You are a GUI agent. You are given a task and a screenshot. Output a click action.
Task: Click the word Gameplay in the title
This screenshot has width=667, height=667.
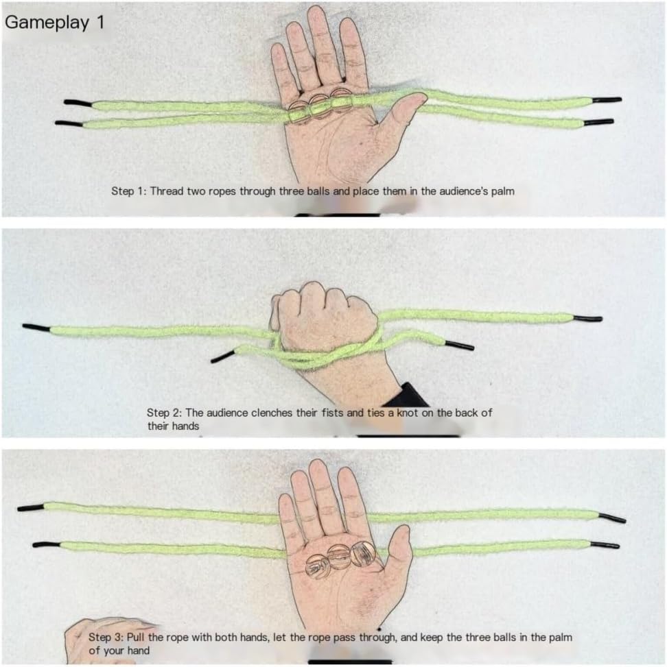click(x=47, y=23)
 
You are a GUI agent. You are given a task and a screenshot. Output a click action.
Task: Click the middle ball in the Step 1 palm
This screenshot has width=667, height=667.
click(x=320, y=107)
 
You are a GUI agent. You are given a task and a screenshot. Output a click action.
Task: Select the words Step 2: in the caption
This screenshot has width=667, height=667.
click(x=165, y=413)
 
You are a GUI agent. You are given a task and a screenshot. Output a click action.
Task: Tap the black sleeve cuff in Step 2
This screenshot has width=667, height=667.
click(x=406, y=396)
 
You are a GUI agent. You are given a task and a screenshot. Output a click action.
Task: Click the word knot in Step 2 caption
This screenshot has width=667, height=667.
click(x=408, y=413)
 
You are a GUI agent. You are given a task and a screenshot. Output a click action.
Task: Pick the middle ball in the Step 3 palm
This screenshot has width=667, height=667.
click(x=339, y=557)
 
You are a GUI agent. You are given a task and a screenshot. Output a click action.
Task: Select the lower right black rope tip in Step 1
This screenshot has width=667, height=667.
click(x=598, y=122)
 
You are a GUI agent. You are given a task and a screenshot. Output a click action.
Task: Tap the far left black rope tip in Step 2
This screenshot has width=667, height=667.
click(x=36, y=328)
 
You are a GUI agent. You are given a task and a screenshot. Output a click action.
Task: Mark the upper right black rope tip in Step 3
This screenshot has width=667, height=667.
click(x=613, y=518)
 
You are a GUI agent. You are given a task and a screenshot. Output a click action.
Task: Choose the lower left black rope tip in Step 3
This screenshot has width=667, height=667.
click(x=47, y=544)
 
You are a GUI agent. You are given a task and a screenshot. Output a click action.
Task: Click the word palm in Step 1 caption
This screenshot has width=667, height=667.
click(x=503, y=191)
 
